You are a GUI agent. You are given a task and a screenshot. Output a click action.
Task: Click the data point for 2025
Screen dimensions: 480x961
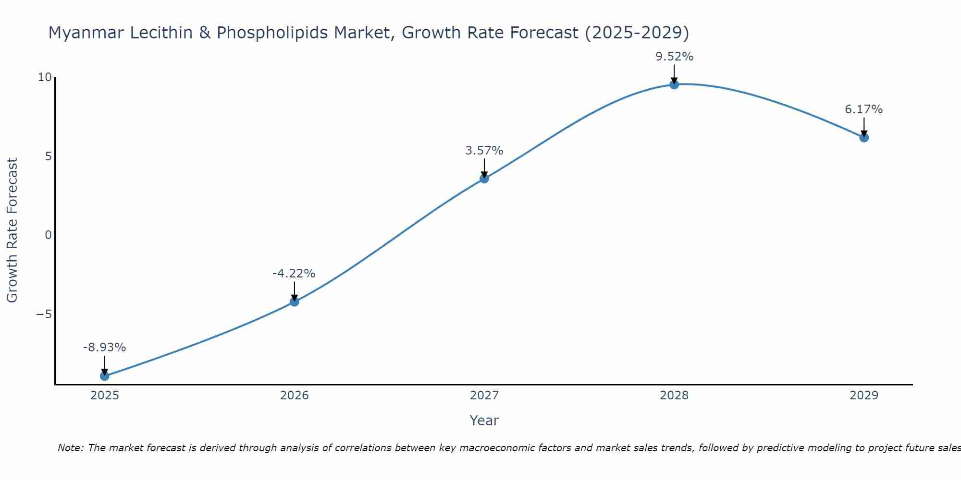point(105,376)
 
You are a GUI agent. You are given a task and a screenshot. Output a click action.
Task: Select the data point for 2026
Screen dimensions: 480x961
point(295,302)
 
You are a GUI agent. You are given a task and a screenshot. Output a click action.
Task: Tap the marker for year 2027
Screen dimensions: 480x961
point(484,179)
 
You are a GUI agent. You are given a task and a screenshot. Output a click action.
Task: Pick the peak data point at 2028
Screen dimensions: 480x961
point(674,85)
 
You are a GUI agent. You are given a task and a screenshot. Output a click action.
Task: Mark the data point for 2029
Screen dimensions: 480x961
point(864,138)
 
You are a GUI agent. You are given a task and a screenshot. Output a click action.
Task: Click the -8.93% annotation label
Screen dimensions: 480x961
point(104,348)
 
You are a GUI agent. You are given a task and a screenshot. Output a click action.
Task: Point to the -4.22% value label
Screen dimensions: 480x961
point(294,274)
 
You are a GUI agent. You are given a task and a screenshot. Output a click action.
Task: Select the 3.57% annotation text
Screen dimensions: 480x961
point(484,151)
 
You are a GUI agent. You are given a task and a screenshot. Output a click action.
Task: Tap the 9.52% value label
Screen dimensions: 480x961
point(674,57)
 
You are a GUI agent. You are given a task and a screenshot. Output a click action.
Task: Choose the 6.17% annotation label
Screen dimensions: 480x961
point(863,109)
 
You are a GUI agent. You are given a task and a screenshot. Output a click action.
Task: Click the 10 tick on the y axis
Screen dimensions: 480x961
point(44,77)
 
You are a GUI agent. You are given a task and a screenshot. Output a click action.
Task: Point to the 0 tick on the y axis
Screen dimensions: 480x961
point(48,235)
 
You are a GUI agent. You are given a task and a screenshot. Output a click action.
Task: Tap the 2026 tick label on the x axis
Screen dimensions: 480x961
point(295,396)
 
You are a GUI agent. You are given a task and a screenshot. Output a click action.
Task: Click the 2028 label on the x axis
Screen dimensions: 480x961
point(674,396)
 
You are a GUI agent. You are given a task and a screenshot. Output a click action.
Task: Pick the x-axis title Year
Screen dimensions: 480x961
point(484,420)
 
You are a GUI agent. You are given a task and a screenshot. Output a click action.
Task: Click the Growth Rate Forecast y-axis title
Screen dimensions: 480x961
point(12,230)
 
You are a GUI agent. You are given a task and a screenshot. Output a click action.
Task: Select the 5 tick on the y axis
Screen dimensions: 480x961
point(48,156)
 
